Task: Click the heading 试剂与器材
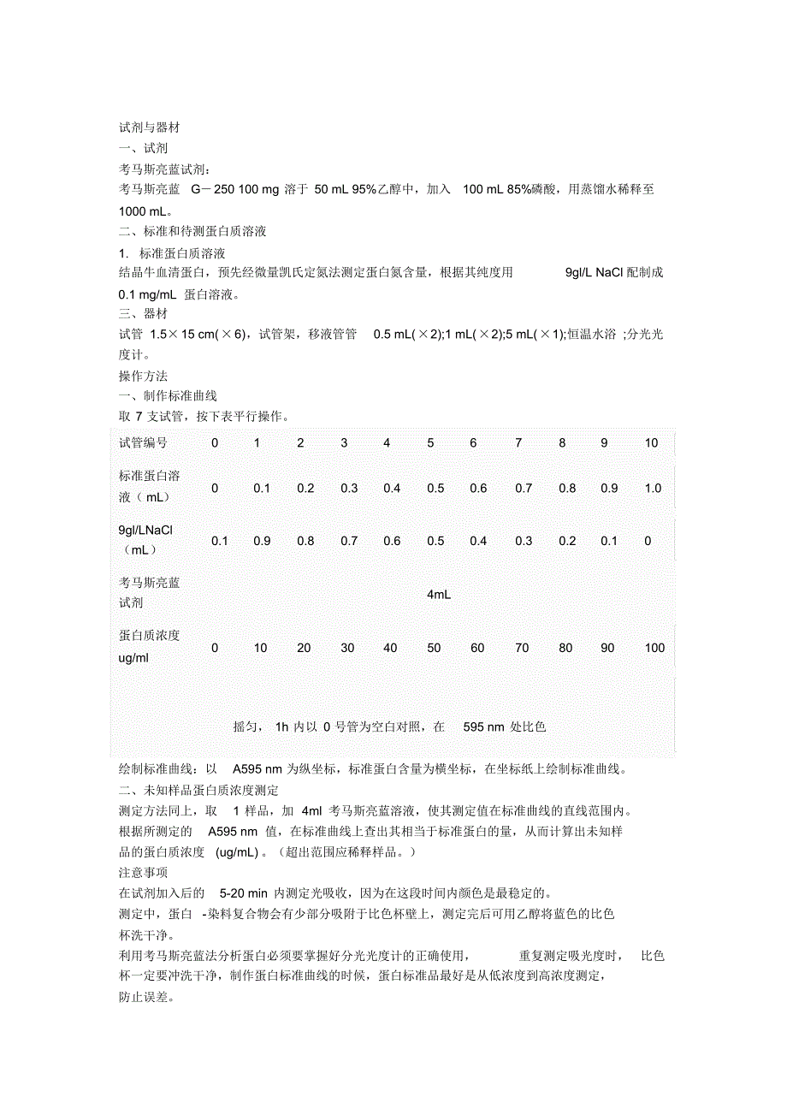(149, 128)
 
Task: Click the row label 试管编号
(143, 442)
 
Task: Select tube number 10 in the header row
(651, 442)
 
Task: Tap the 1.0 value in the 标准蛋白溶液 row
(653, 488)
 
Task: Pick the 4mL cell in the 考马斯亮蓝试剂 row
(438, 594)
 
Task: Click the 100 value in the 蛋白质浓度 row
(654, 648)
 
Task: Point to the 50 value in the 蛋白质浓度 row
(434, 648)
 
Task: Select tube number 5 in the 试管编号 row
(430, 442)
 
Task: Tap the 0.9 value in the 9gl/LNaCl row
(262, 541)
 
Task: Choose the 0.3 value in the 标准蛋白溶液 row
(349, 488)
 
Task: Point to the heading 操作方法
(143, 376)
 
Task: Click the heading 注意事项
(143, 872)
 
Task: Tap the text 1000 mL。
(145, 210)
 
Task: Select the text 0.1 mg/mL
(147, 294)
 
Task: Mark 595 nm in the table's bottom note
(483, 727)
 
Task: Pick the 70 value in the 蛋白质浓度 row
(518, 648)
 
